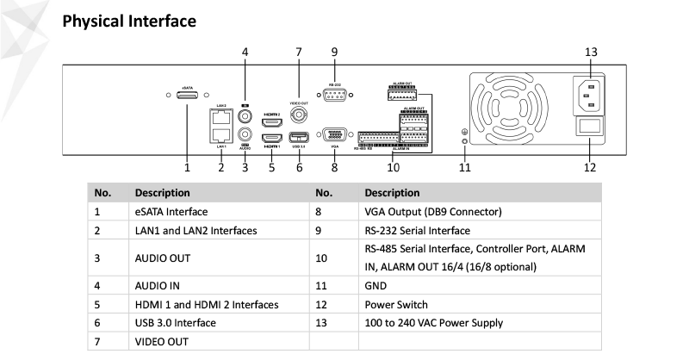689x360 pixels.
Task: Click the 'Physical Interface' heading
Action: click(x=130, y=20)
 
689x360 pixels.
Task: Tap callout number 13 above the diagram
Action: click(x=590, y=53)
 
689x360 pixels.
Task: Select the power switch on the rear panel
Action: click(x=590, y=127)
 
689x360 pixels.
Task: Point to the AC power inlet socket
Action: click(x=590, y=95)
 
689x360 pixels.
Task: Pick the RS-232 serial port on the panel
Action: click(x=334, y=96)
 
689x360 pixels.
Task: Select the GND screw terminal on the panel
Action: click(x=465, y=140)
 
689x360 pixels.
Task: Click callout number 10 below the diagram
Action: click(x=394, y=168)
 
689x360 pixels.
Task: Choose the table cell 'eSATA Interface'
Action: click(x=171, y=211)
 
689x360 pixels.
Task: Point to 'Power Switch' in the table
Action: click(x=396, y=303)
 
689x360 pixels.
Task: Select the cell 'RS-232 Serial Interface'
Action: click(x=418, y=231)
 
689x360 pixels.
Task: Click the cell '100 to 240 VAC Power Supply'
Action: click(x=434, y=323)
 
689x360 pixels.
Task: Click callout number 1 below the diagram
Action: click(x=187, y=168)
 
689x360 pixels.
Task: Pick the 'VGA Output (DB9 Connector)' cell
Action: click(x=433, y=211)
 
